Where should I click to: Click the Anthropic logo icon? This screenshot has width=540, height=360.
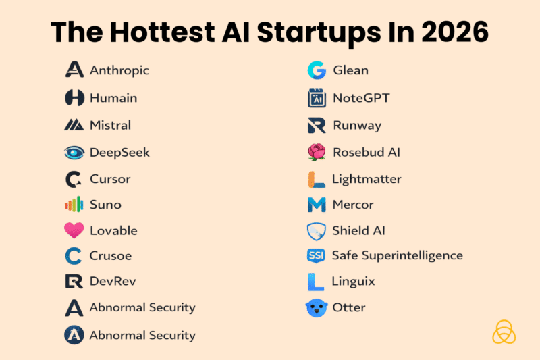(74, 70)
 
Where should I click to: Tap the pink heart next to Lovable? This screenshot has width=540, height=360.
(74, 230)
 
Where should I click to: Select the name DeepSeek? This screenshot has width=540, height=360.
(119, 152)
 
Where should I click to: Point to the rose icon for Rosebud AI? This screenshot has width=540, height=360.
(316, 152)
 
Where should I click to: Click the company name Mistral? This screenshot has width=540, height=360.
(110, 125)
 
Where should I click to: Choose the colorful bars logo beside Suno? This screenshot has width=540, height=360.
(74, 204)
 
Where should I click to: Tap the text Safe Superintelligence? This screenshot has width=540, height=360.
(397, 255)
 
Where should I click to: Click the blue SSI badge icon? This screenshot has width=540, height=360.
(316, 255)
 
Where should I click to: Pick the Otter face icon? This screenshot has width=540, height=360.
(316, 308)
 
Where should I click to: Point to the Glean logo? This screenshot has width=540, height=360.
(316, 70)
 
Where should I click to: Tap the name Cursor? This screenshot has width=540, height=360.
(110, 179)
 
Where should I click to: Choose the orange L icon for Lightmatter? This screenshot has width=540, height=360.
(316, 179)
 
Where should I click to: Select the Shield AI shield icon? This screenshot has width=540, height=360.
(316, 231)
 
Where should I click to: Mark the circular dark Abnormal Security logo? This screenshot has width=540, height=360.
(74, 335)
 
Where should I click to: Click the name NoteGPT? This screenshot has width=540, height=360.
(361, 98)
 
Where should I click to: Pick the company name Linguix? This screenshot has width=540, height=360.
(353, 280)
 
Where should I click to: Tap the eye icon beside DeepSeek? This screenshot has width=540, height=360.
(74, 152)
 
